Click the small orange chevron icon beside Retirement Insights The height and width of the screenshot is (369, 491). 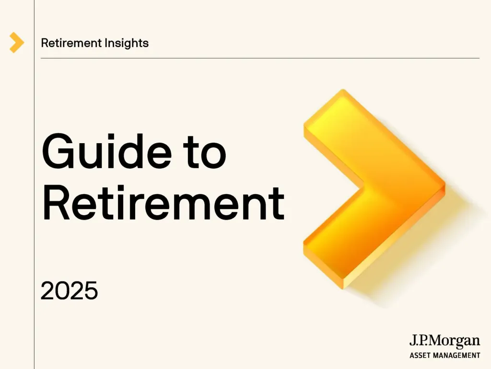[16, 43]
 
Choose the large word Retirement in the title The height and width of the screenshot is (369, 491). [163, 203]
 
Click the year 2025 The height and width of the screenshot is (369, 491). [69, 291]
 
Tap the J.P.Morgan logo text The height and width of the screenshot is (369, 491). [444, 342]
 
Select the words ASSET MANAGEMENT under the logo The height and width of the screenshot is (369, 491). [444, 356]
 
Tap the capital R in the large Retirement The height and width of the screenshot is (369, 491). [55, 203]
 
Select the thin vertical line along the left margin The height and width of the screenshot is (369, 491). [34, 192]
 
